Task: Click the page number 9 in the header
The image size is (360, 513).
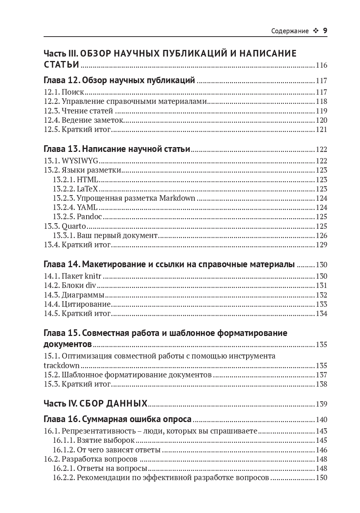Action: click(x=325, y=31)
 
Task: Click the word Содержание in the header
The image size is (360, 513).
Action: click(x=290, y=31)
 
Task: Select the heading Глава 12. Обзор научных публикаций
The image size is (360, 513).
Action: click(x=119, y=81)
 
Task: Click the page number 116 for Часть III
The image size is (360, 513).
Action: click(x=322, y=65)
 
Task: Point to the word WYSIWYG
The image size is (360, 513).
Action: click(x=80, y=161)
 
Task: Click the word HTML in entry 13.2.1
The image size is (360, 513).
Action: click(x=88, y=180)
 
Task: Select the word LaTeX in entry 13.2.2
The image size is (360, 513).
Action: click(x=88, y=189)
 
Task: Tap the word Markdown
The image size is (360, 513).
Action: click(x=177, y=198)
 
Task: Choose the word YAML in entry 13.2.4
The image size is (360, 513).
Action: click(x=87, y=207)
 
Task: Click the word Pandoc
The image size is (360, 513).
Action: click(x=89, y=217)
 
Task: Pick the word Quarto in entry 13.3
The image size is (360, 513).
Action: click(x=74, y=226)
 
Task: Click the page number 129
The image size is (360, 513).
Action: click(x=322, y=245)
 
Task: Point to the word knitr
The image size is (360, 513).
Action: click(x=93, y=276)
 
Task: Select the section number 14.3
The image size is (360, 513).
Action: click(x=52, y=295)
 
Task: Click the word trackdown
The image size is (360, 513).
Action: click(x=62, y=366)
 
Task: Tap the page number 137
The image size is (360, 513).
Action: click(x=322, y=375)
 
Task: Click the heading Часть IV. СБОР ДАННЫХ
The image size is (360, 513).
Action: click(x=95, y=404)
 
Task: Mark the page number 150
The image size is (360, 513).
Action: click(x=322, y=478)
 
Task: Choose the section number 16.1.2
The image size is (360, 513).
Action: click(x=64, y=450)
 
